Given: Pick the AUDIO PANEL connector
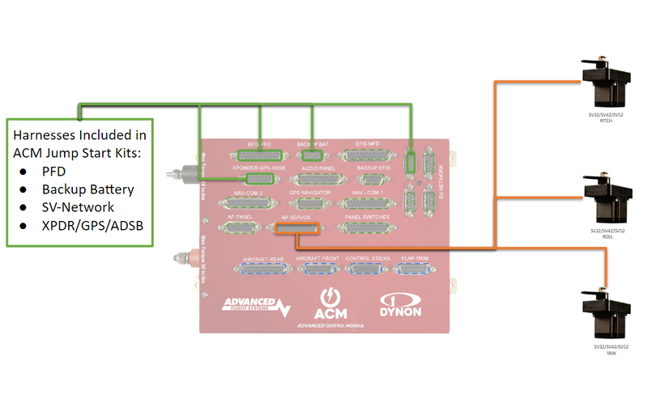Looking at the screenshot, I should pos(317,179).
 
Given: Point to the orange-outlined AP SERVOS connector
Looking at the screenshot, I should pos(299,230).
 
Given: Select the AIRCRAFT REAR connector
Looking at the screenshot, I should pos(263,269).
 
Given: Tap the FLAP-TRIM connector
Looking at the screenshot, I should pos(414,269).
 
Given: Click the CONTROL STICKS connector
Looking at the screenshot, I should pos(368,269).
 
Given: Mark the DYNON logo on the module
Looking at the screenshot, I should pos(406,306).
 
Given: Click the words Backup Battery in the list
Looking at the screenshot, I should pos(88,189).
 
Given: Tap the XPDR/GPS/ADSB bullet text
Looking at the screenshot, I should pos(92,225).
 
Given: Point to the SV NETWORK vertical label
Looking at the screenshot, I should pos(441,175).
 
